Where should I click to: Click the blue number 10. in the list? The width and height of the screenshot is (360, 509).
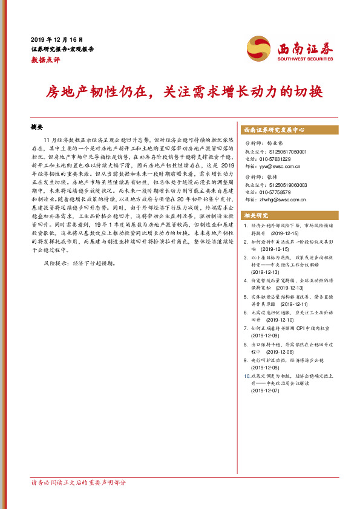point(245,375)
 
